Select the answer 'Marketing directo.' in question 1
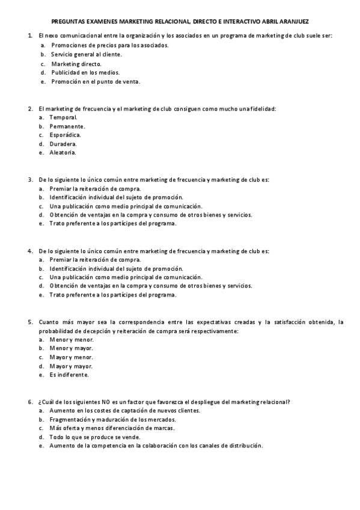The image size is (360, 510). pos(76,63)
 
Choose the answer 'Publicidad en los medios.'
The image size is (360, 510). pos(86,72)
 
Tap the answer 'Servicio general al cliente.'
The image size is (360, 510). pos(87,54)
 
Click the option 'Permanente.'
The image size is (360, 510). pos(67,126)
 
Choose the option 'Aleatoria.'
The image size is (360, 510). pos(63,153)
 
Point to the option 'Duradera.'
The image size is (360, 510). pos(63,144)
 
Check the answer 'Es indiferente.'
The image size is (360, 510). pos(69,375)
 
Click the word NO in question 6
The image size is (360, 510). pos(105,402)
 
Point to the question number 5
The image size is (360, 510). pos(30,322)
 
